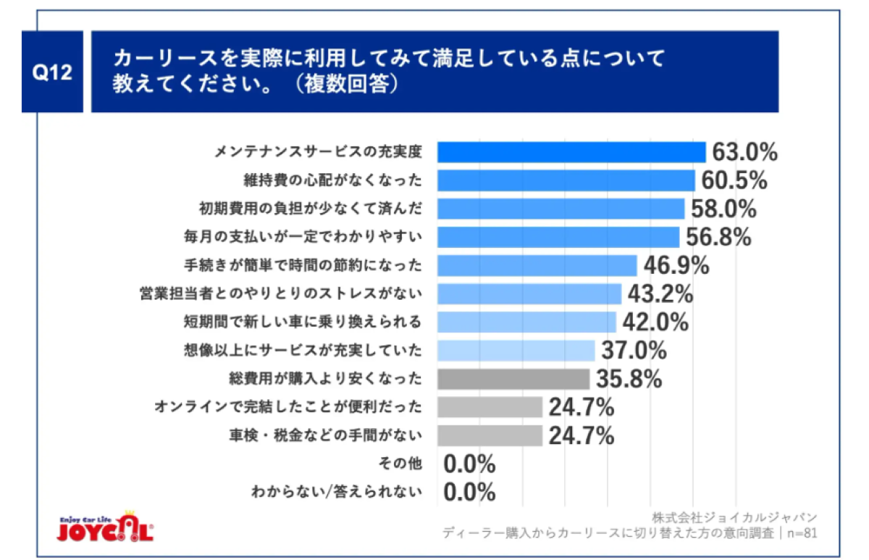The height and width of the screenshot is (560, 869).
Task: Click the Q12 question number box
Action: (52, 72)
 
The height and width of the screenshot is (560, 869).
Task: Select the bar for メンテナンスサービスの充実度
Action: (571, 152)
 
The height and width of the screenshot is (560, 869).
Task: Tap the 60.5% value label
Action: (734, 180)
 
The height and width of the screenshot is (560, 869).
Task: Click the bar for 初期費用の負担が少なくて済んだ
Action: (561, 209)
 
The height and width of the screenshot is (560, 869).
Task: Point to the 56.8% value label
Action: (718, 237)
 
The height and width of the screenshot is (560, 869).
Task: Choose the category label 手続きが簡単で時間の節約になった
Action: (303, 265)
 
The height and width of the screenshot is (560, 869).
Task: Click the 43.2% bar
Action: (529, 294)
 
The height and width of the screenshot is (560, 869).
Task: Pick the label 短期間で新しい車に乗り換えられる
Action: (303, 322)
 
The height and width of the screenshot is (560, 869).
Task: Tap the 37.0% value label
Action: (634, 351)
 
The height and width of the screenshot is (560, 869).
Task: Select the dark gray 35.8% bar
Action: (513, 379)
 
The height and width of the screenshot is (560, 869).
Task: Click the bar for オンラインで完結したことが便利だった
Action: (490, 407)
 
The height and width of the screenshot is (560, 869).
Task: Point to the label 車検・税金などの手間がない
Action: (325, 435)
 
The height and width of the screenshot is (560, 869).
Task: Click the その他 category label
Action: (400, 464)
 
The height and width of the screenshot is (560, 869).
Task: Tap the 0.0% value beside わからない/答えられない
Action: (469, 492)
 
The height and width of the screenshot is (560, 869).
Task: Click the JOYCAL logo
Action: (105, 527)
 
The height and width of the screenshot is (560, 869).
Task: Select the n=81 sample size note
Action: (802, 533)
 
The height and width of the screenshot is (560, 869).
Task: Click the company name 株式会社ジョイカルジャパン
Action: (734, 517)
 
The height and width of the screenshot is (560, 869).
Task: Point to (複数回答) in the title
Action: (346, 83)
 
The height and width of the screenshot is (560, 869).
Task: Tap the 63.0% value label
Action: (745, 152)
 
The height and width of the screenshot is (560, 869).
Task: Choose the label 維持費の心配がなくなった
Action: (333, 180)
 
